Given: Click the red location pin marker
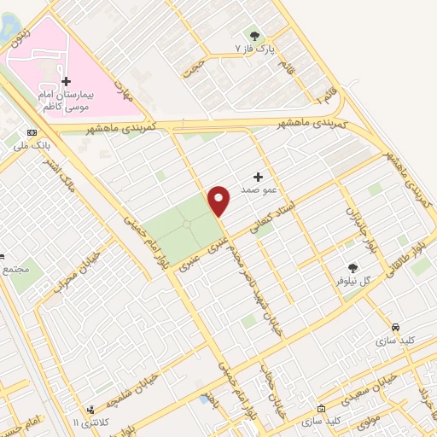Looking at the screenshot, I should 219,200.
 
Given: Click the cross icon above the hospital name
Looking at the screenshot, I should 67,80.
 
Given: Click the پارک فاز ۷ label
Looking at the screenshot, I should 254,49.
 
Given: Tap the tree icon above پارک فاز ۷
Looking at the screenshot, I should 254,35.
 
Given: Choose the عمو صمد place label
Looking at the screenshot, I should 256,189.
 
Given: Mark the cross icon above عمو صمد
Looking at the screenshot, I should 258,176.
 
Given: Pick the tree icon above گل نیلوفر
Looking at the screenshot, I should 352,267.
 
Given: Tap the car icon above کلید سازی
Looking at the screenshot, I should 395,327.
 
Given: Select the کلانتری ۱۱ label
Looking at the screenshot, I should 89,422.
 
